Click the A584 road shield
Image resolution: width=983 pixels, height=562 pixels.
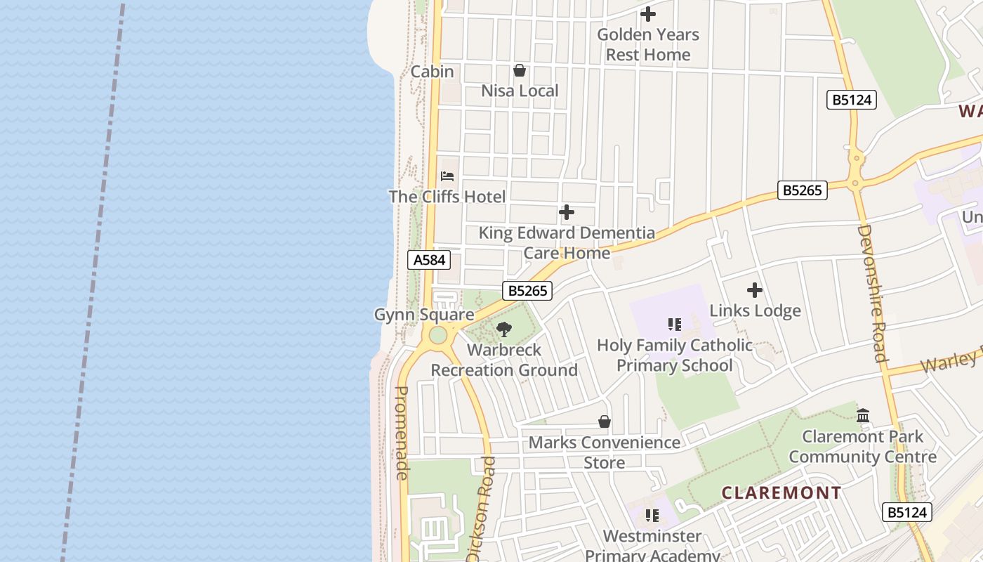[x=429, y=260]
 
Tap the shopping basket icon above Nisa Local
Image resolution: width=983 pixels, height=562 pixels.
[x=520, y=70]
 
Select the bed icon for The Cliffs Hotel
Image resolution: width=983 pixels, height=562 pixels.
[x=447, y=176]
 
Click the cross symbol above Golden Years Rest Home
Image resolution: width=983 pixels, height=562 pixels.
[x=648, y=13]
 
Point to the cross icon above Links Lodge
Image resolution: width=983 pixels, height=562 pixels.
[x=755, y=290]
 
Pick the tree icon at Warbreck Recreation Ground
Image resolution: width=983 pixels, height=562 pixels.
[x=504, y=329]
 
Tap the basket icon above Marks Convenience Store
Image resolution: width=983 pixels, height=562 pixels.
[x=605, y=421]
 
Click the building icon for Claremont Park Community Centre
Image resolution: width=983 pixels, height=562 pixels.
[x=863, y=415]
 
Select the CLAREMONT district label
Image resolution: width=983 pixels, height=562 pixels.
[x=781, y=492]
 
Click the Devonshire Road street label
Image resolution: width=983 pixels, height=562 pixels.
[x=871, y=293]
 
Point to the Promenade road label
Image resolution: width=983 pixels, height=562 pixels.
[x=402, y=433]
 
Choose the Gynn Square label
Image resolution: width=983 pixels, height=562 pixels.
[x=424, y=315]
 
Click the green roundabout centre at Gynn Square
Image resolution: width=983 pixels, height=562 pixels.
[x=438, y=334]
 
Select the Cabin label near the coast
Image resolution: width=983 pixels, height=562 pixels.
[x=432, y=72]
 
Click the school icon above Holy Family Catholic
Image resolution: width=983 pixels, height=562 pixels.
[x=675, y=325]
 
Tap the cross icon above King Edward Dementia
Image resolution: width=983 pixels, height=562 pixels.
[x=567, y=212]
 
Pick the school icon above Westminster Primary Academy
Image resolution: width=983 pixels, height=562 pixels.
[x=652, y=516]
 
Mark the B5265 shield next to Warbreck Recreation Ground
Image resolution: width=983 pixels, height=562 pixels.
[x=527, y=291]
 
